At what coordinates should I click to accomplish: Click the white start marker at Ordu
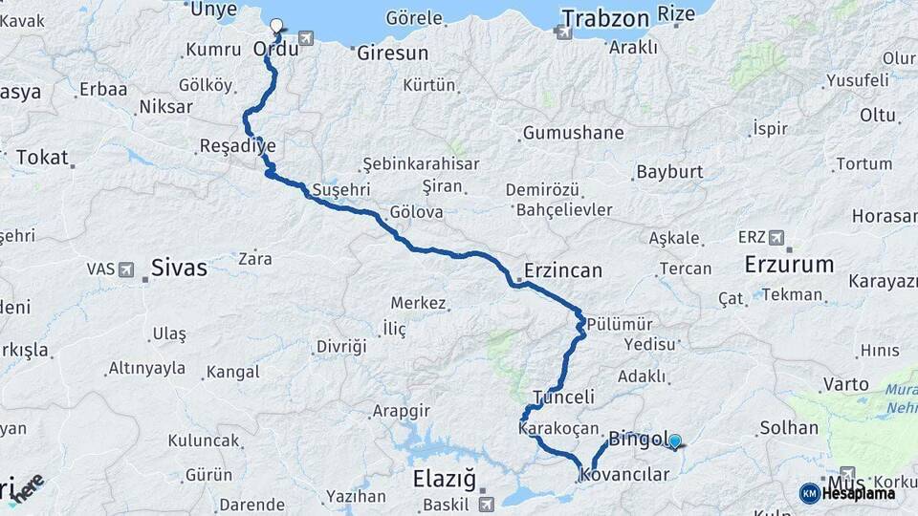tap(276, 26)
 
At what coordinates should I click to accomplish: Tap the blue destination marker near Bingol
tap(675, 441)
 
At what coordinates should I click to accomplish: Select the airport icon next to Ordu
tap(305, 38)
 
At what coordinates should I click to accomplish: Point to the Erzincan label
tap(563, 270)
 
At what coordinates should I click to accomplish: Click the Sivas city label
tap(179, 268)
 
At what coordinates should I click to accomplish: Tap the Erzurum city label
tap(789, 264)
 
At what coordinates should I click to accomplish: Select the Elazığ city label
tap(444, 477)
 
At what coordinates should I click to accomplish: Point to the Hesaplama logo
tap(847, 493)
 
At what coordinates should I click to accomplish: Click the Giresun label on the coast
tap(392, 54)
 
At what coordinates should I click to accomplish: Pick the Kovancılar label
tap(624, 474)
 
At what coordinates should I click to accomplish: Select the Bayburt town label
tap(668, 172)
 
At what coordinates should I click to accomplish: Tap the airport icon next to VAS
tap(124, 269)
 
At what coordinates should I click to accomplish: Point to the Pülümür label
tap(620, 323)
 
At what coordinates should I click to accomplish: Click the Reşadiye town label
tap(237, 146)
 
